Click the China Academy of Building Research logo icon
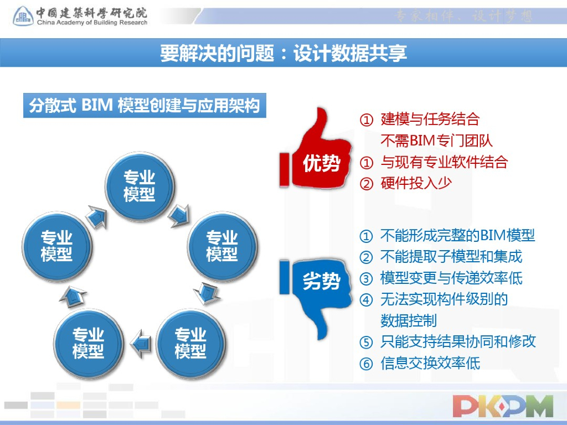(23, 17)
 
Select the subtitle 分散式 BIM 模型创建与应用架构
(145, 105)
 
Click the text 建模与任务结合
(430, 119)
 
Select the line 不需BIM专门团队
(436, 141)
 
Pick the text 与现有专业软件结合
(444, 162)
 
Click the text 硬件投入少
(416, 184)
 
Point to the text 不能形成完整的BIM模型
(457, 236)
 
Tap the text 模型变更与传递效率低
(451, 278)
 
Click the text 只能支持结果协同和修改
(458, 341)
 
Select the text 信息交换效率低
(430, 363)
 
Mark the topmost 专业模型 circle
(139, 185)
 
